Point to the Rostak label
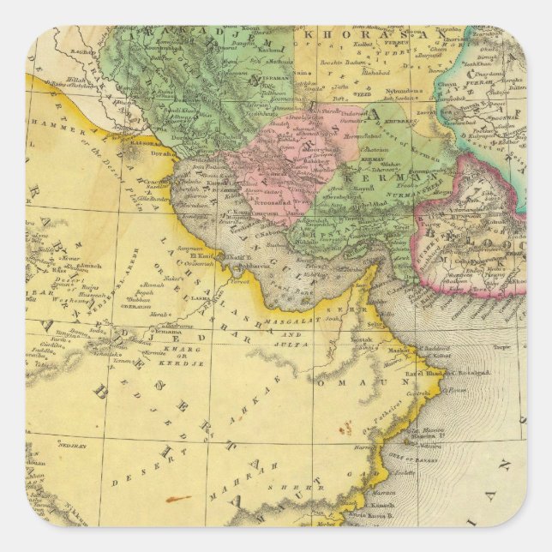tap(361, 339)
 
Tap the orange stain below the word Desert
tap(177, 498)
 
